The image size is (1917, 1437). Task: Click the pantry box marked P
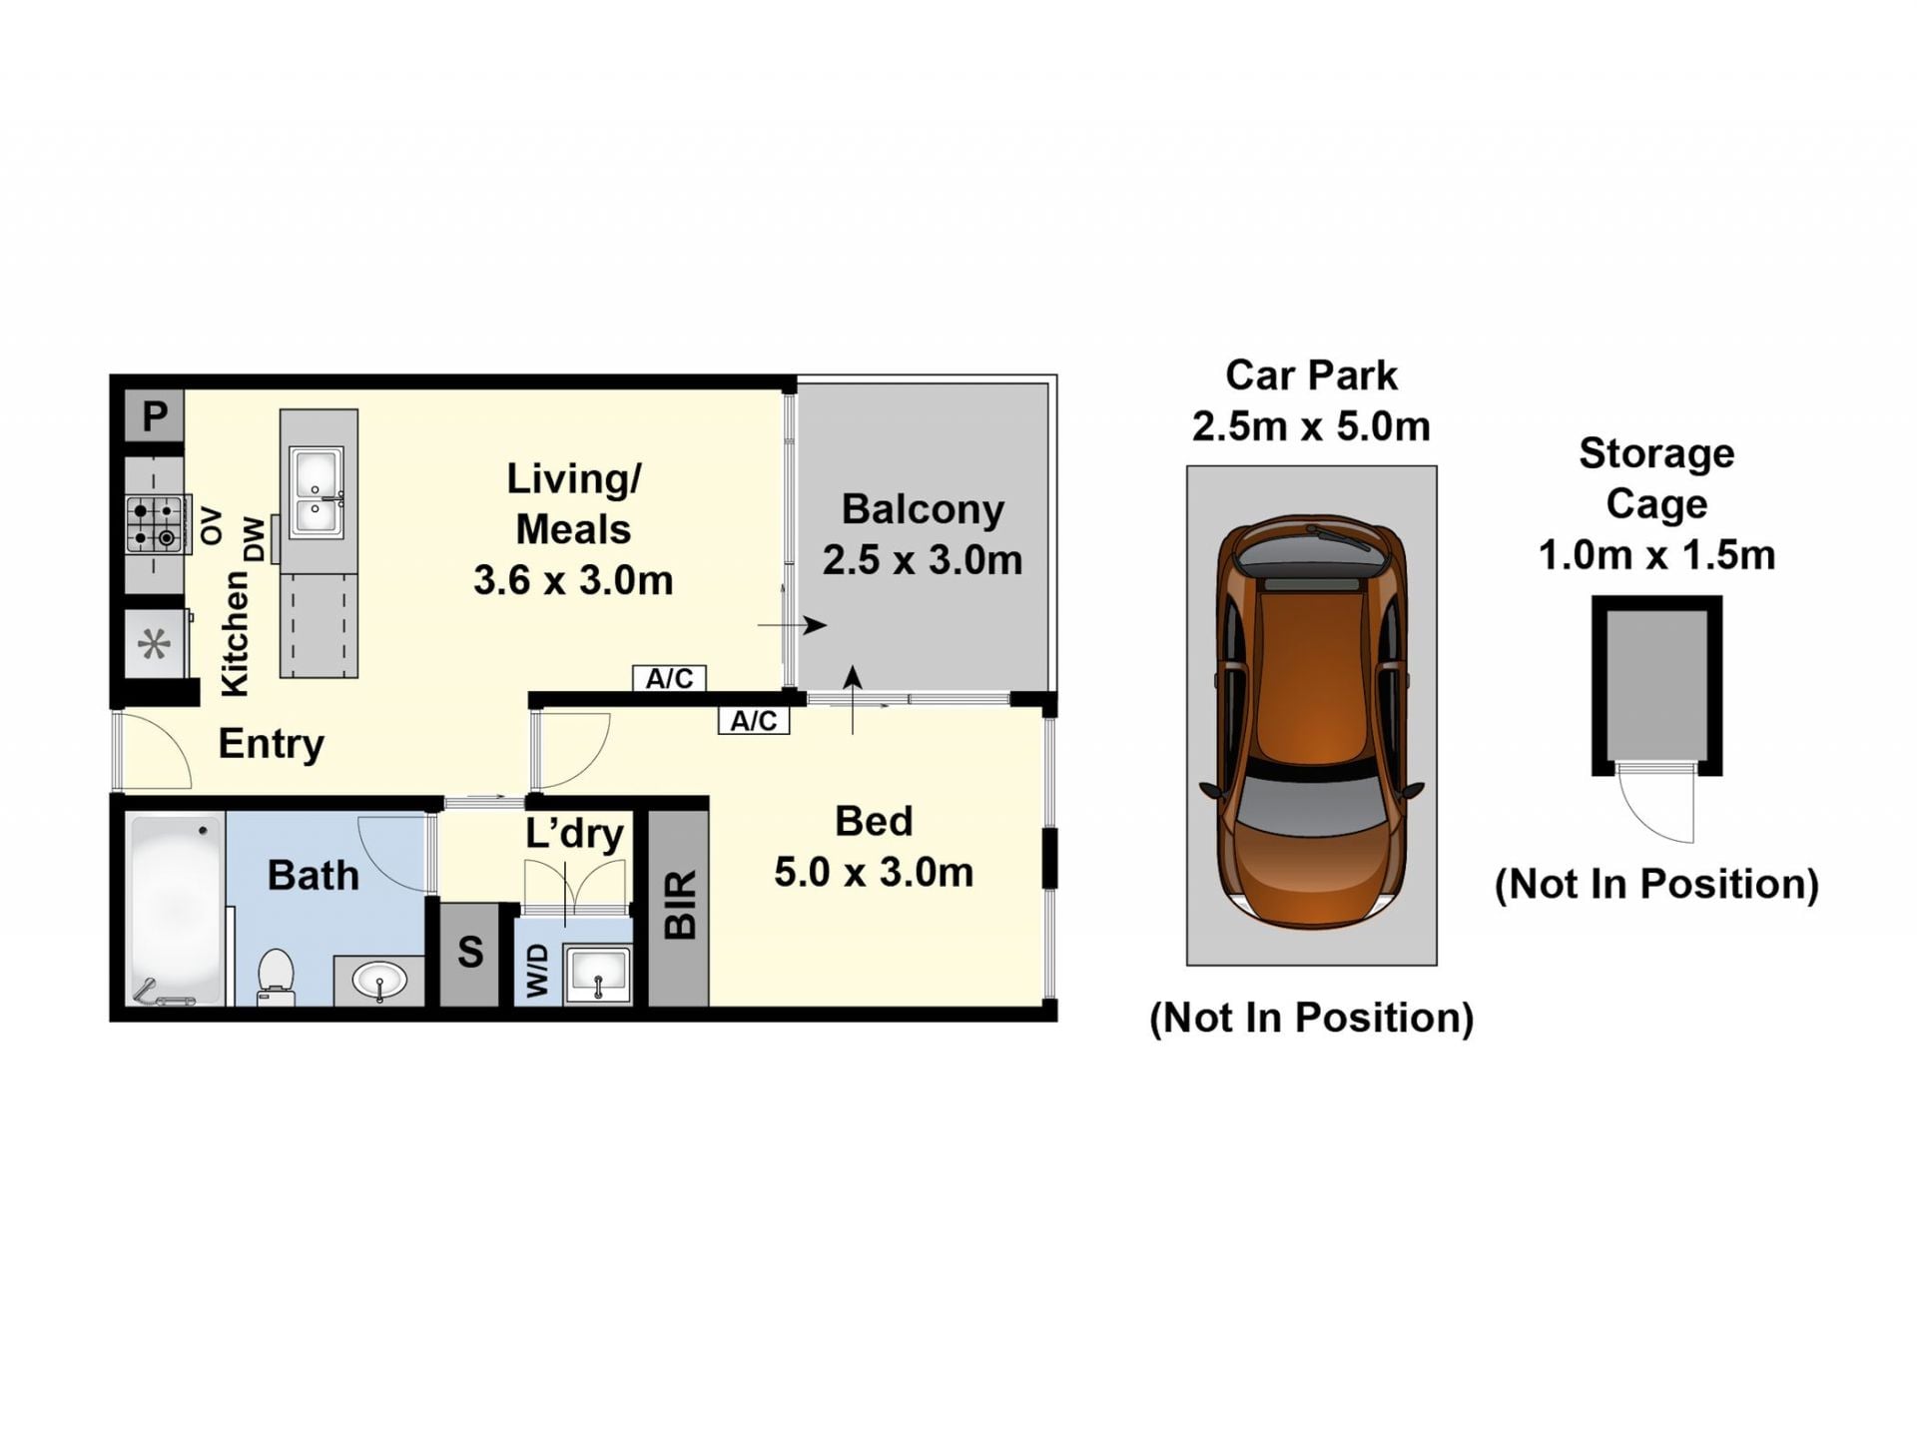154,415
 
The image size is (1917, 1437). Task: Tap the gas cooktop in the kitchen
156,524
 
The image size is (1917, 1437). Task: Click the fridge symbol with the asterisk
154,644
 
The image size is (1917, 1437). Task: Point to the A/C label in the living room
669,679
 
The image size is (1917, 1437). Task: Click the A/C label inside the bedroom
754,721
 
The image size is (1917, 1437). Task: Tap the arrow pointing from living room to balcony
793,626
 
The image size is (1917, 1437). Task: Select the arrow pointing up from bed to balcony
853,700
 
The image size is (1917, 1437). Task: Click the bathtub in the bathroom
176,910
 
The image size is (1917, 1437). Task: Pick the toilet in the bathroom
276,976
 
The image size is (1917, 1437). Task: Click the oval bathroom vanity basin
379,981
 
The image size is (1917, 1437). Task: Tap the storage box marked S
470,954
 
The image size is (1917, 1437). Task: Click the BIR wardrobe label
680,905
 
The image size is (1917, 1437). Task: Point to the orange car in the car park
1311,721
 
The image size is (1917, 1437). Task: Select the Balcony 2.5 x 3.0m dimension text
923,534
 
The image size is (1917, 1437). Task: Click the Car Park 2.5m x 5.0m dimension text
1311,401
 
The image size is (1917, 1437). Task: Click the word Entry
272,744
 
